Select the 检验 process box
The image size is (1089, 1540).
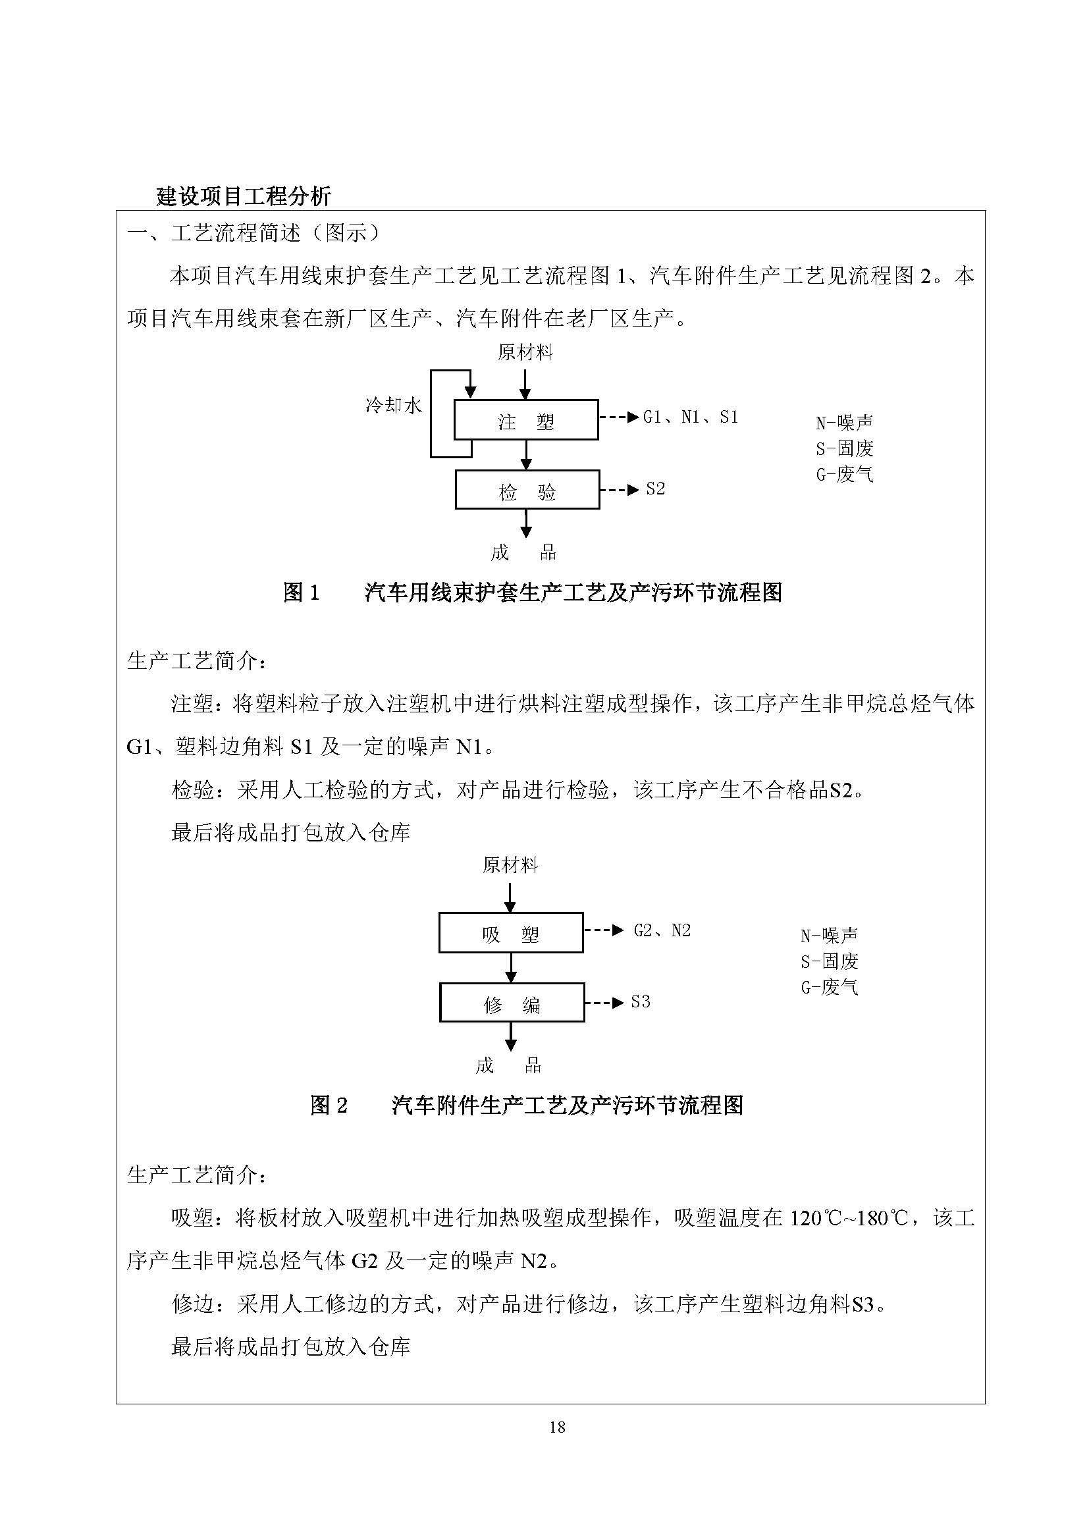[x=527, y=491]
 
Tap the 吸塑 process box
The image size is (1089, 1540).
[x=511, y=933]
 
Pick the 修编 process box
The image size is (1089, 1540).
[x=512, y=1003]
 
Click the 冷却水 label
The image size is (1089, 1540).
[x=394, y=405]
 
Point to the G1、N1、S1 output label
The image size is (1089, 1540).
[x=690, y=417]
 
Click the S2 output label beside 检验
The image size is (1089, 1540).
[x=655, y=489]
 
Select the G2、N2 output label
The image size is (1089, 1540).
[x=662, y=930]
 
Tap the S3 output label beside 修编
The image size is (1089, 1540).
[x=641, y=1002]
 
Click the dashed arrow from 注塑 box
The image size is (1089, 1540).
[x=618, y=417]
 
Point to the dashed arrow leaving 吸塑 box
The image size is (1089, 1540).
[x=604, y=930]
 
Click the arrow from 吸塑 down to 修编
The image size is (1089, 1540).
[x=511, y=968]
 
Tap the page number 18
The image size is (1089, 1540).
[x=557, y=1427]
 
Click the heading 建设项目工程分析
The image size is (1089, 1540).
[x=244, y=196]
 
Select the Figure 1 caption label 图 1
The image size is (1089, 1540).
[x=302, y=593]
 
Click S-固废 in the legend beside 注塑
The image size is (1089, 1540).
[x=844, y=449]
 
